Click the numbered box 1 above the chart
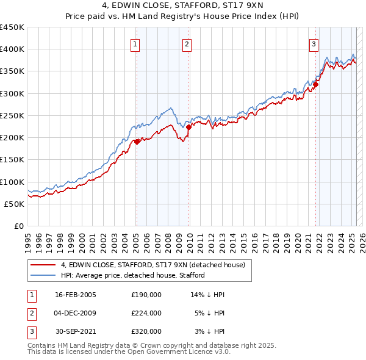(x=134, y=43)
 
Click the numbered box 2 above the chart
(x=186, y=43)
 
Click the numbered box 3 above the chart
(x=313, y=43)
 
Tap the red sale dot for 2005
(x=137, y=142)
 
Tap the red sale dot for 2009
(x=189, y=127)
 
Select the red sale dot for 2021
(x=315, y=85)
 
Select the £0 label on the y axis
(x=18, y=226)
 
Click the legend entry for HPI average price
(x=132, y=275)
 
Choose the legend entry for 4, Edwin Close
(x=152, y=265)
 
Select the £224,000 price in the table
(x=146, y=313)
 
